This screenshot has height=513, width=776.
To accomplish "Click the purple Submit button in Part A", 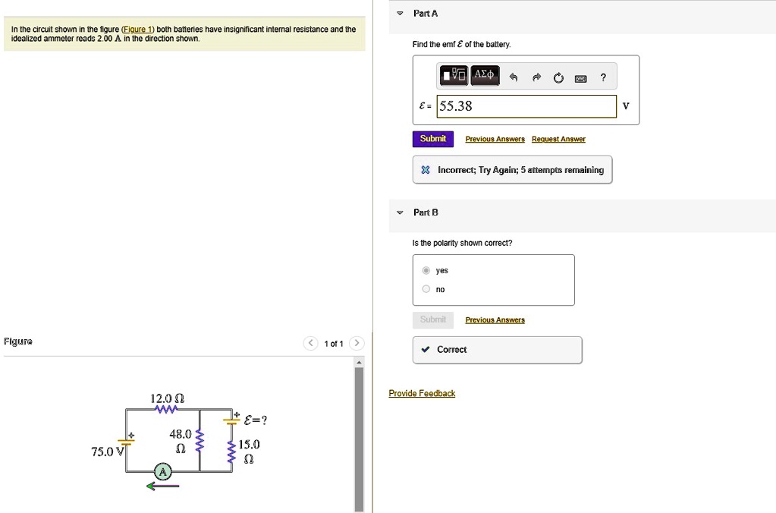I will tap(432, 139).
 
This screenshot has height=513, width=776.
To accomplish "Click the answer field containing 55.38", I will tap(527, 106).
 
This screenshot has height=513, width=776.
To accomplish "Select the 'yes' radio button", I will tap(426, 270).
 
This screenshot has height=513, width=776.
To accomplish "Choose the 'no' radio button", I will tap(426, 289).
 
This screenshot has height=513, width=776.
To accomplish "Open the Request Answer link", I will tap(558, 140).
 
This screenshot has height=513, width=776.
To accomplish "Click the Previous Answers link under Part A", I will tap(495, 140).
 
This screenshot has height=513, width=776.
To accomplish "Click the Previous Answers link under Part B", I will tap(495, 320).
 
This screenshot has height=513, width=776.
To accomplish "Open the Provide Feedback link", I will tap(422, 393).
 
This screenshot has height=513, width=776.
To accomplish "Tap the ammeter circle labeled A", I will tap(162, 472).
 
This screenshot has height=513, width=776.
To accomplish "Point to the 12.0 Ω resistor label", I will tap(163, 398).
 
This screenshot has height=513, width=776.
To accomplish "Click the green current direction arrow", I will tap(163, 486).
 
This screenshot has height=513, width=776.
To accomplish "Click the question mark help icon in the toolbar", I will tap(603, 77).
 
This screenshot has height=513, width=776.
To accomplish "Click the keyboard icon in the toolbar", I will tap(580, 77).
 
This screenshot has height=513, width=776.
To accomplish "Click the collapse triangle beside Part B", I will tap(400, 212).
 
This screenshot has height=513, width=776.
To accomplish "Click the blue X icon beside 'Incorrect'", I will tap(426, 170).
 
